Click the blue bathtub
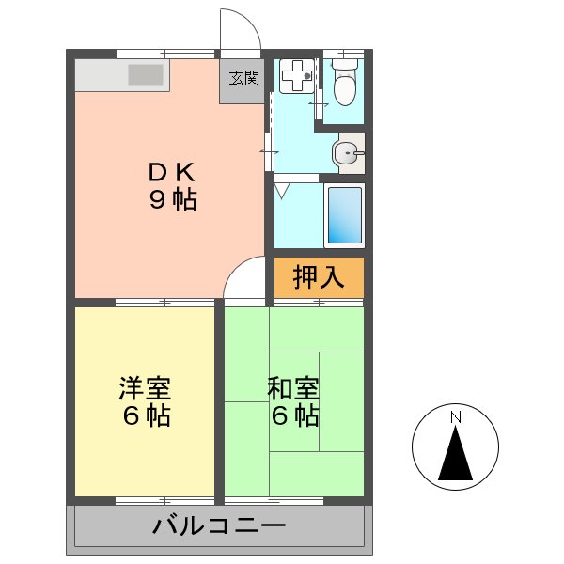pos(343,215)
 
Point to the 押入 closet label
pos(317,277)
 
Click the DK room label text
pos(171,173)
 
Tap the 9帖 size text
pos(171,199)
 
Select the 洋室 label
pos(145,387)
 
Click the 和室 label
pos(293,387)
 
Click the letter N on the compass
pos(455,416)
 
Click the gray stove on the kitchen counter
pos(146,74)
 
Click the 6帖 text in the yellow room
pos(145,415)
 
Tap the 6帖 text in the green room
pos(293,415)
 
